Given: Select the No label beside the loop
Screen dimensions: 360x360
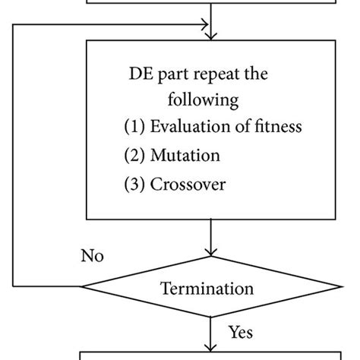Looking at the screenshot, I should tap(92, 255).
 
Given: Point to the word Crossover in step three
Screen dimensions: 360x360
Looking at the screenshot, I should tap(190, 185).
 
